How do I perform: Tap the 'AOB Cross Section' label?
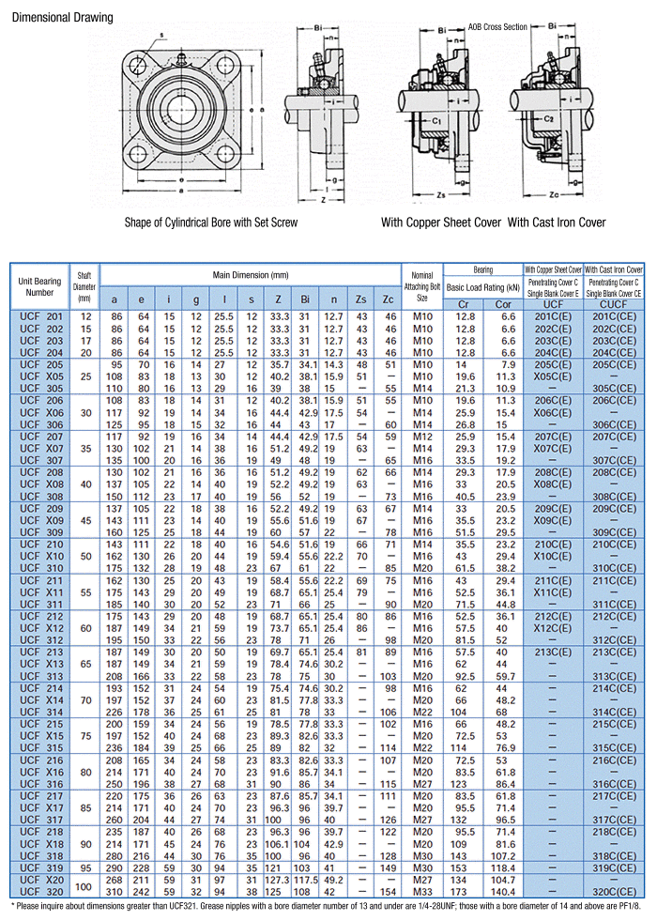(497, 27)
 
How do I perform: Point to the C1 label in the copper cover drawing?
(438, 121)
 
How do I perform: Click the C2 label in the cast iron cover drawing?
(548, 119)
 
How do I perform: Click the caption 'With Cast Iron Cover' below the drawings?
(557, 223)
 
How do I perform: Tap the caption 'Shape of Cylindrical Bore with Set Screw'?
(211, 223)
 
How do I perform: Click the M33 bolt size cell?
(421, 890)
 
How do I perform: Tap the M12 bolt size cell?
(421, 437)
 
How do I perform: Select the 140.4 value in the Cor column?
(505, 890)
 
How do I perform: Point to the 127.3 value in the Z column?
(279, 880)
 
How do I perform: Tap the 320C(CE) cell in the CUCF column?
(614, 890)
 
